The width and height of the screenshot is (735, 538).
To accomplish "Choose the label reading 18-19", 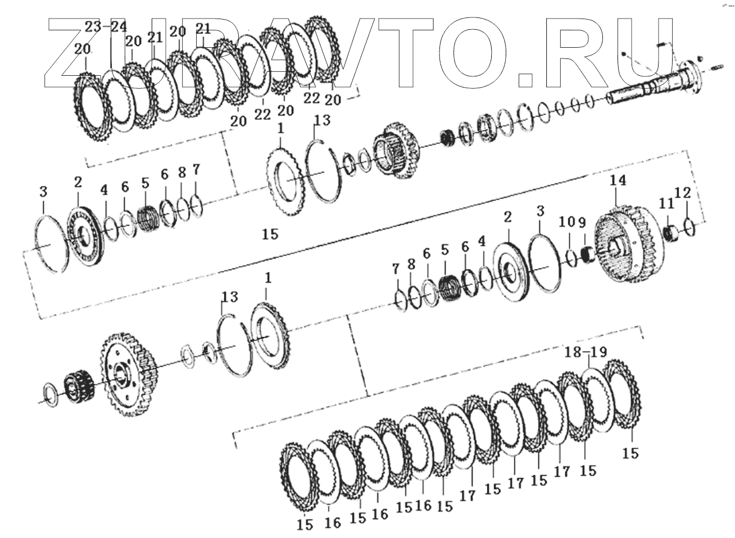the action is pyautogui.click(x=587, y=353).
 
